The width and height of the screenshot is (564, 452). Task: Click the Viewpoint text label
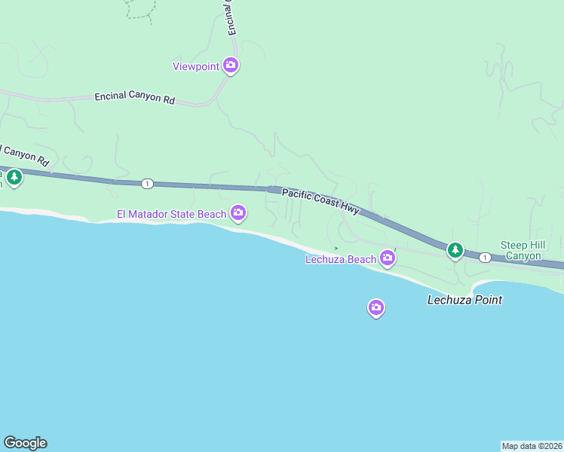click(x=196, y=66)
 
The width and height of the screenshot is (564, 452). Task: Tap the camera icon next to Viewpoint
click(x=231, y=66)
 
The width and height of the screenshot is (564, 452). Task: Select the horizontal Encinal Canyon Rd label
click(x=134, y=98)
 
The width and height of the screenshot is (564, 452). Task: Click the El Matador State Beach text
click(x=171, y=215)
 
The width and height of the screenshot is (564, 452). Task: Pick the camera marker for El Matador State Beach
click(x=238, y=214)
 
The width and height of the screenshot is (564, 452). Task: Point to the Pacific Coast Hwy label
click(x=320, y=203)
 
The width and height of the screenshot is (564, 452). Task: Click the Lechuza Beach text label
click(x=340, y=260)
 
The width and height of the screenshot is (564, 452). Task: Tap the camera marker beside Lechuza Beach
click(x=388, y=258)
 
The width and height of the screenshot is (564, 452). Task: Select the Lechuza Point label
click(x=464, y=300)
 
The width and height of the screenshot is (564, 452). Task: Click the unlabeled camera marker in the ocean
click(x=376, y=307)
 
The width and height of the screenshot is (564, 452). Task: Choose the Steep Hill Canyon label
click(x=521, y=250)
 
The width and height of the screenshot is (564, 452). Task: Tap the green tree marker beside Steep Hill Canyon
click(x=455, y=249)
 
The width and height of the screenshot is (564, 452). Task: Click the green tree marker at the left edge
click(x=14, y=178)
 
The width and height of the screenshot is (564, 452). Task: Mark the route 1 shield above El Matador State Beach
click(x=146, y=183)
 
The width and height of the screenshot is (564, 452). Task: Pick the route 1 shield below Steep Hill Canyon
click(x=485, y=258)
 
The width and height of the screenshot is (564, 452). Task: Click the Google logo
click(x=25, y=443)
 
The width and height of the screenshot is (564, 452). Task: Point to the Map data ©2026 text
click(x=532, y=445)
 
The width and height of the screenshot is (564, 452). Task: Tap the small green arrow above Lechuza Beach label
click(x=336, y=248)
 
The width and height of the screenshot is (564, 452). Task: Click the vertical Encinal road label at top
click(x=231, y=17)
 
